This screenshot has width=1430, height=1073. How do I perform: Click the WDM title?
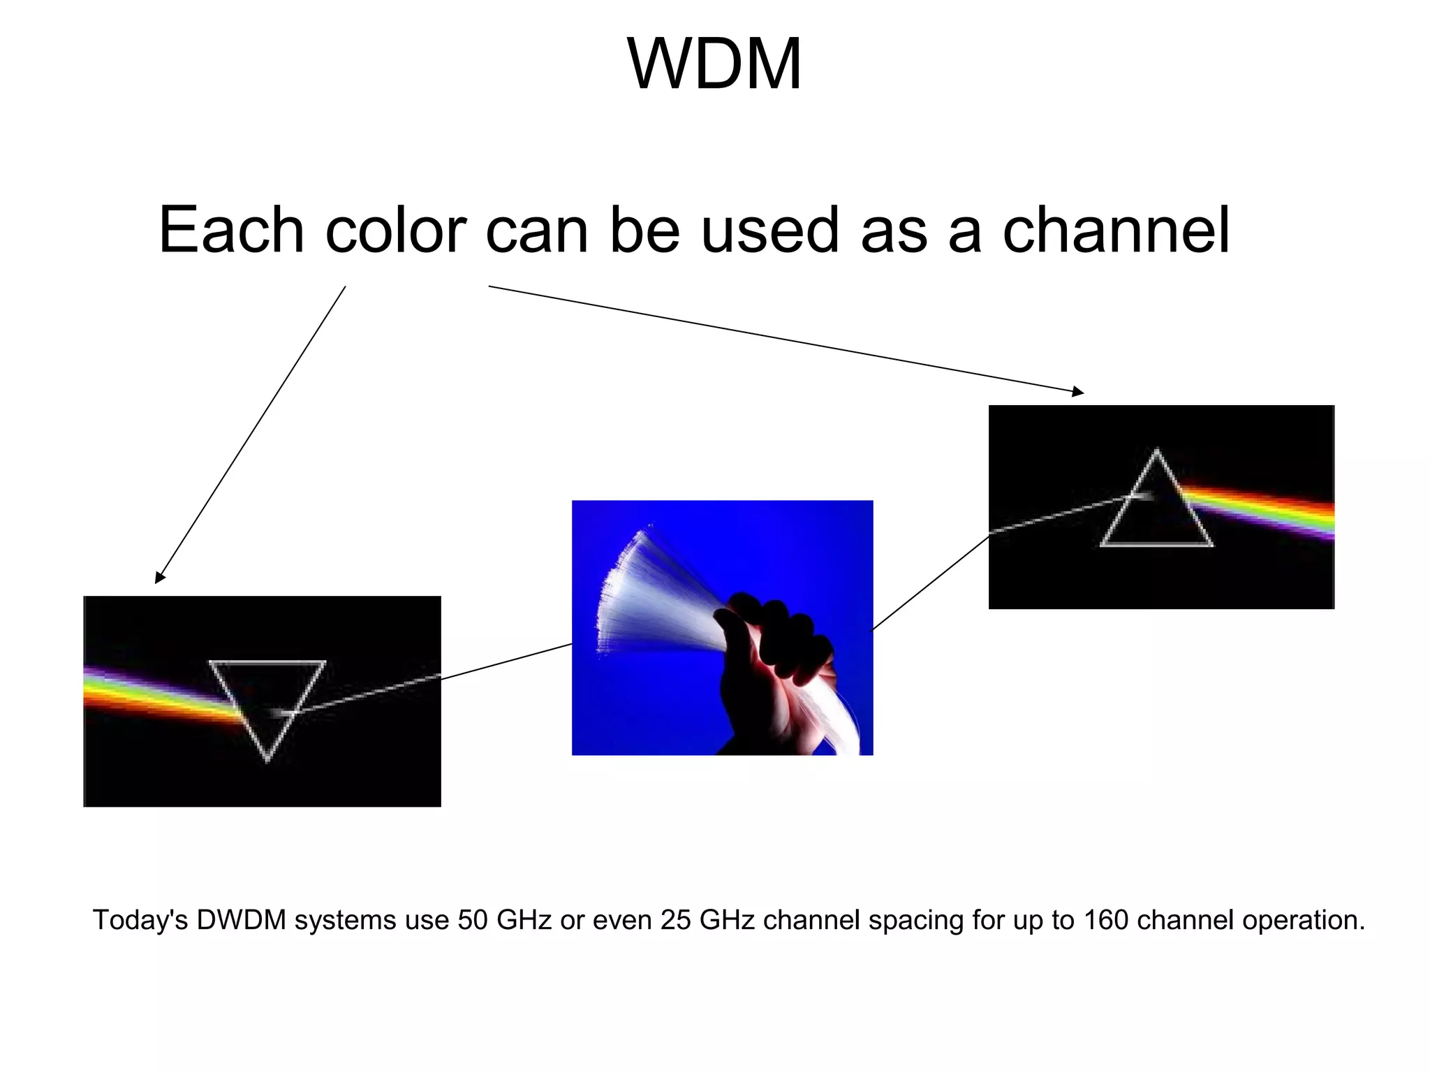[x=714, y=64]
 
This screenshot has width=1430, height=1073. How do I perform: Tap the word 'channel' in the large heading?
[x=1116, y=230]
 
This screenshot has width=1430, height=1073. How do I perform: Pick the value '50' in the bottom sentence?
[x=473, y=920]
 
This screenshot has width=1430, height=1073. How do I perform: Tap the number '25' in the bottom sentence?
[x=676, y=920]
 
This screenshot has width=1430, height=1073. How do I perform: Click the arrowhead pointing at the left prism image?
[x=159, y=578]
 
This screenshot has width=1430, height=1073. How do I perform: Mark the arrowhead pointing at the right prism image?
[x=1079, y=393]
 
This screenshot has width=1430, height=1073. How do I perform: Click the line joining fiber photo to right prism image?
[x=931, y=581]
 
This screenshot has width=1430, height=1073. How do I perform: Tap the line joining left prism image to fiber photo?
[x=506, y=661]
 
